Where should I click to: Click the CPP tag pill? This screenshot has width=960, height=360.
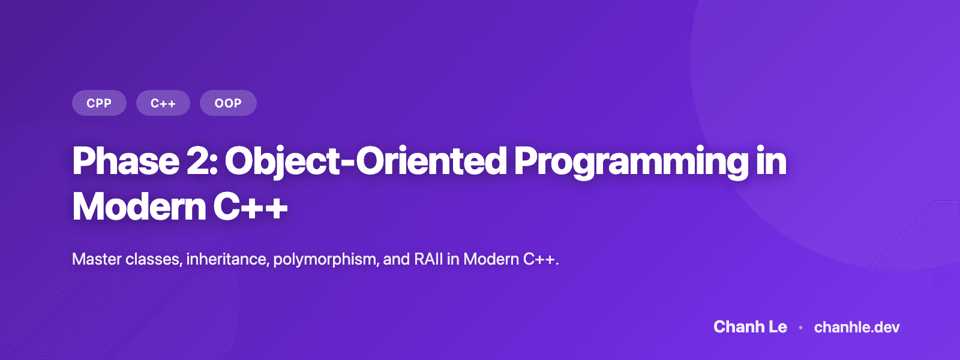point(99,103)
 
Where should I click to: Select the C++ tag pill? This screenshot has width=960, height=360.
point(163,103)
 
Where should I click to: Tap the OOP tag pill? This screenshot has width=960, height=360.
point(228,103)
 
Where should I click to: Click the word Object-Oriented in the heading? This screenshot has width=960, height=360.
point(366,161)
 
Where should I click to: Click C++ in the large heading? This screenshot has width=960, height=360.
point(250,207)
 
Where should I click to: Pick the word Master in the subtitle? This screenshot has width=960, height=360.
point(96,259)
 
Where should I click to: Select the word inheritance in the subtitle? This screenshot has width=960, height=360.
point(227,259)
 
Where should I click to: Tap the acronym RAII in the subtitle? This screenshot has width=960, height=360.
point(428,259)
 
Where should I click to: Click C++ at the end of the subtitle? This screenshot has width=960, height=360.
point(540,259)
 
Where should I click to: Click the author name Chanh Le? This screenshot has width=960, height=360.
point(750,327)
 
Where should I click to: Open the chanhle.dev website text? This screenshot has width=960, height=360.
point(857,327)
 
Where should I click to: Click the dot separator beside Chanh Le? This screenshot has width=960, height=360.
point(800,328)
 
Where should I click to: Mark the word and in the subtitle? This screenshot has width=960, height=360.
point(397,259)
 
